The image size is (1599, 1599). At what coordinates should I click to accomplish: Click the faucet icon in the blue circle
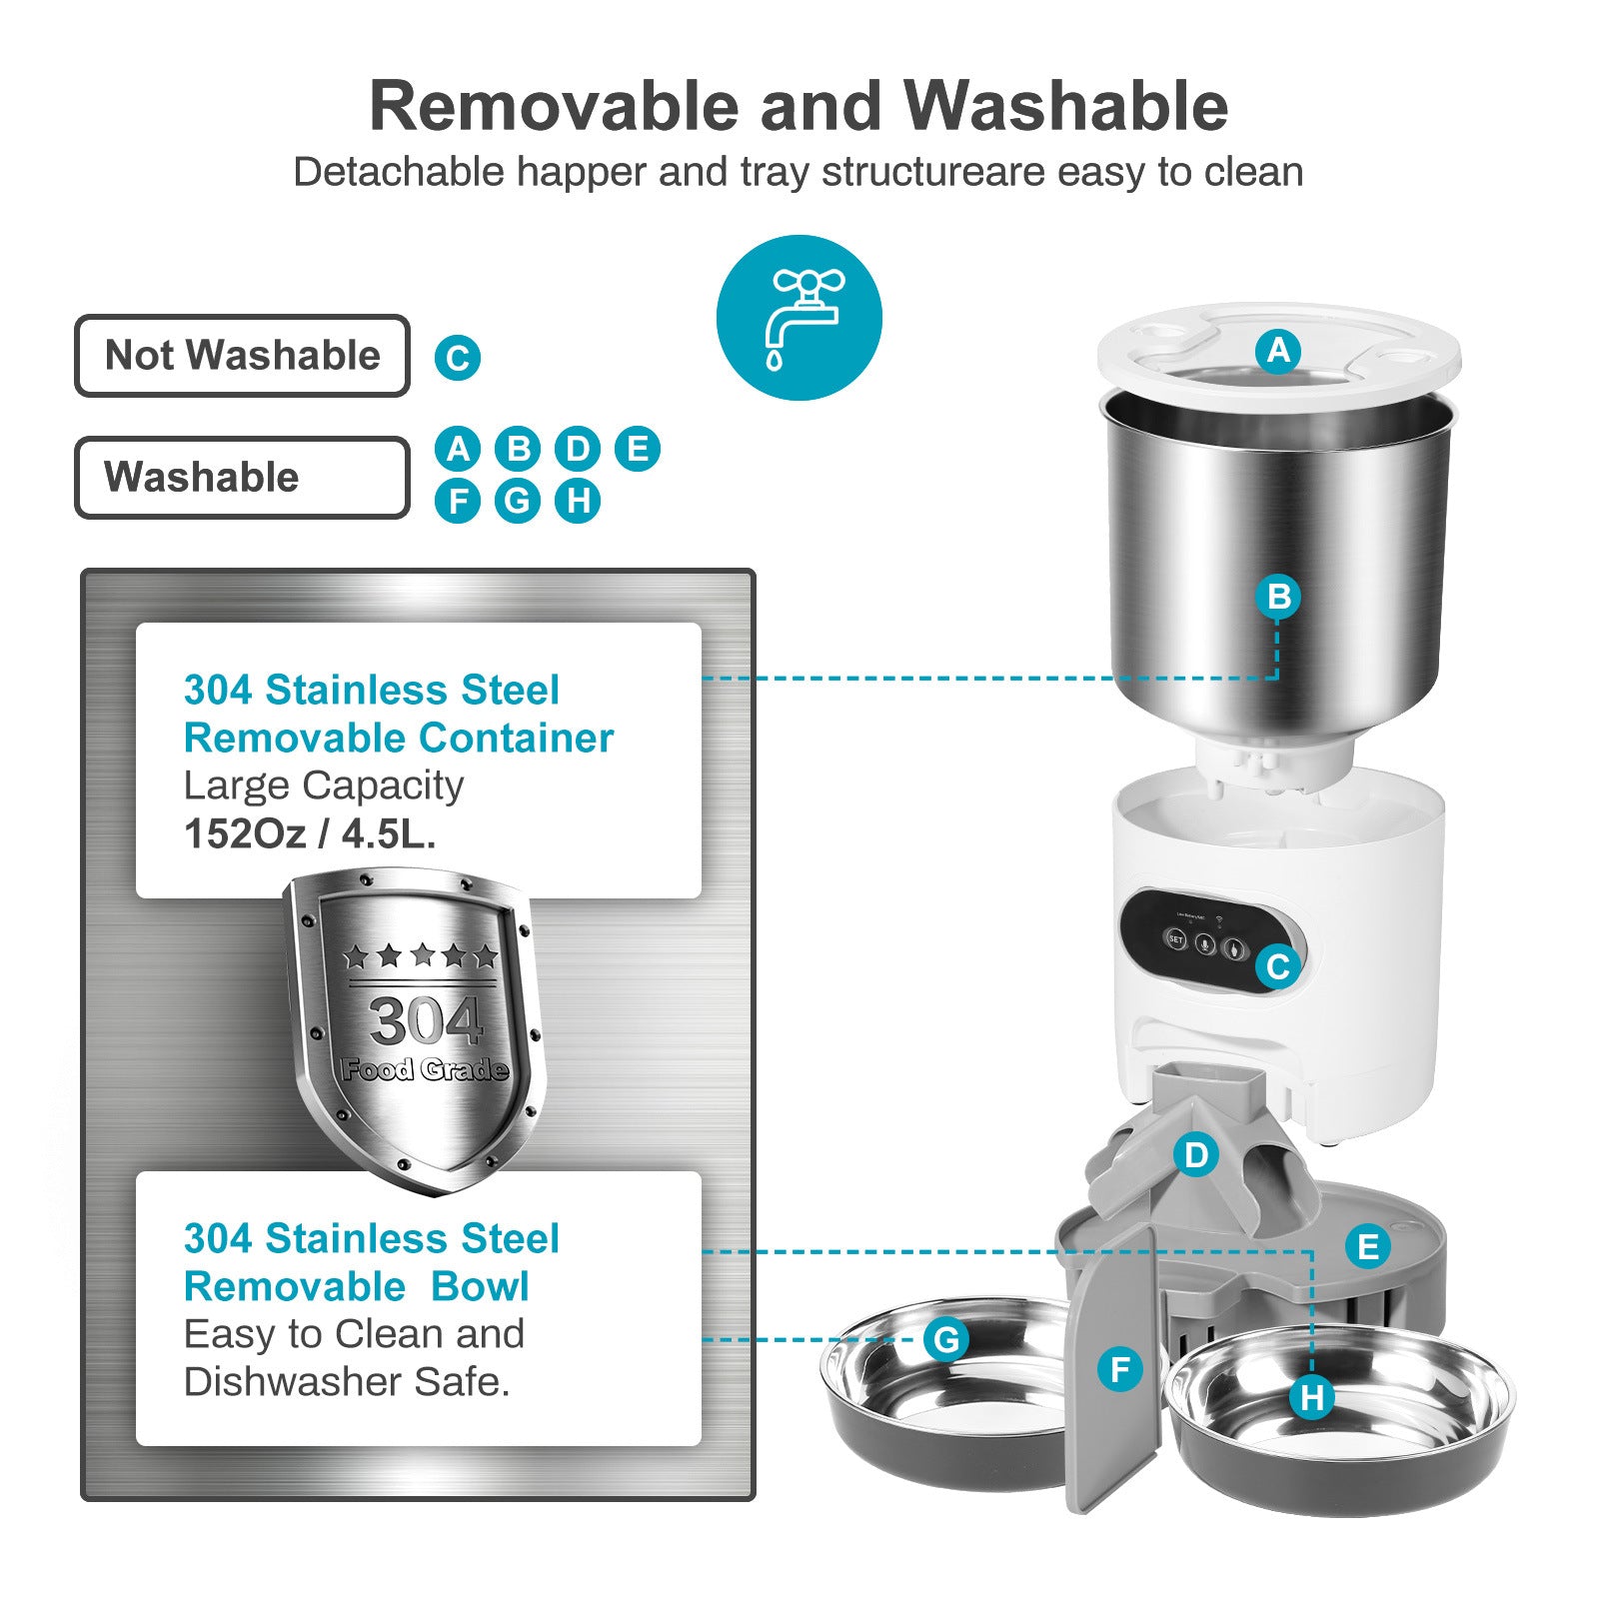(x=799, y=318)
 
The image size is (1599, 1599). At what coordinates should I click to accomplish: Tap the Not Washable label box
(x=242, y=356)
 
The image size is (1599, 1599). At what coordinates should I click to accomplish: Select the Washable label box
(x=242, y=477)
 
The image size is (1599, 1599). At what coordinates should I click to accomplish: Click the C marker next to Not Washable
(x=458, y=358)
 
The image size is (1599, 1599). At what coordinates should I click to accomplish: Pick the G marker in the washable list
(x=518, y=500)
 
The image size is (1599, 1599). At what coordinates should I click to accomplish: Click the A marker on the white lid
(x=1278, y=351)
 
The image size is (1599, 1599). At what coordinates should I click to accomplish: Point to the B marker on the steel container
(x=1278, y=597)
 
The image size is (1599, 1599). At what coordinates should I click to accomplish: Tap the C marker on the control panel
(x=1278, y=966)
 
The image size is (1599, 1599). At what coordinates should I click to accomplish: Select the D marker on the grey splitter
(x=1196, y=1155)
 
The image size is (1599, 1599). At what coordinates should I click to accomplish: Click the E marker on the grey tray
(x=1367, y=1246)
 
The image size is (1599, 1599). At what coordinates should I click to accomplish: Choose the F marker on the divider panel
(x=1119, y=1369)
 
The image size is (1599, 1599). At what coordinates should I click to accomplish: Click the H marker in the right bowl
(x=1312, y=1397)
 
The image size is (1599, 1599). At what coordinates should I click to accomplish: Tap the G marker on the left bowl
(x=945, y=1339)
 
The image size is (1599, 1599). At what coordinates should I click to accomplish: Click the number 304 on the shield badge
(x=425, y=1021)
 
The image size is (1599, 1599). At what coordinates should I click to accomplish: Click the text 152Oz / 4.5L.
(x=310, y=833)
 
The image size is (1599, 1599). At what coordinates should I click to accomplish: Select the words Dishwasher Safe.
(x=347, y=1382)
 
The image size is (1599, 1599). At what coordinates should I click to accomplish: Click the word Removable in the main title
(x=555, y=106)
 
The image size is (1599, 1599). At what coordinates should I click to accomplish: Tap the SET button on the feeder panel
(x=1176, y=940)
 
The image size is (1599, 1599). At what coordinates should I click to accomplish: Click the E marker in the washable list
(x=638, y=448)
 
